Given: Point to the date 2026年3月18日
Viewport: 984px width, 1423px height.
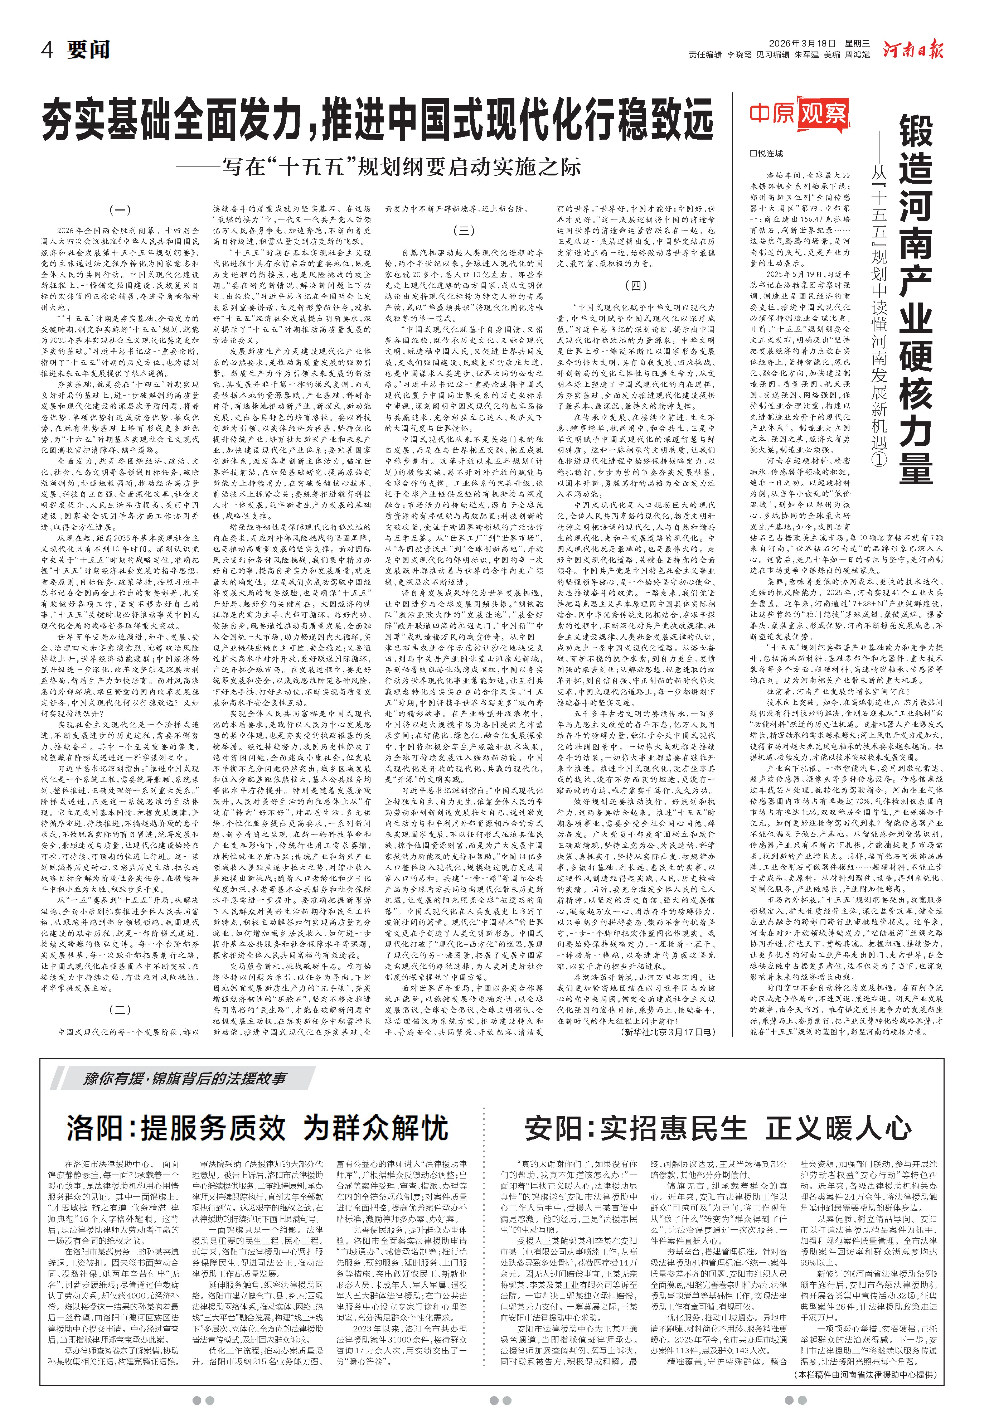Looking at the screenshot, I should (x=802, y=43).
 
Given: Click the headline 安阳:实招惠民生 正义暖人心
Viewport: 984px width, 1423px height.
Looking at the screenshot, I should (x=718, y=1129).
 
